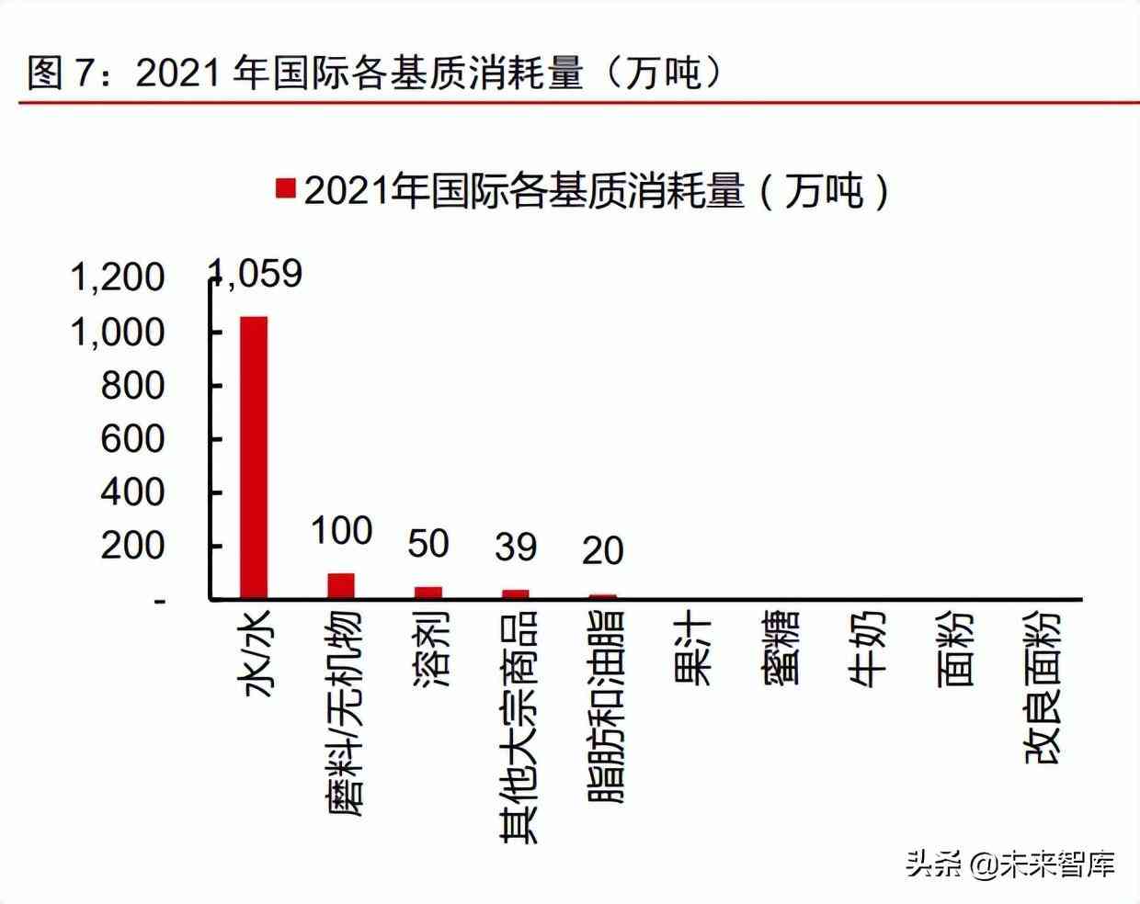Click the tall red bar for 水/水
tap(254, 458)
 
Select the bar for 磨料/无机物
tap(341, 585)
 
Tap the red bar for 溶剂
tap(428, 593)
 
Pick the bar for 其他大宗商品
tap(516, 593)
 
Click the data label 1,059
tap(256, 273)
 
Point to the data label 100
tap(341, 531)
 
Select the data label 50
tap(428, 544)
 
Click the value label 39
tap(516, 548)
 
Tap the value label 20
tap(603, 551)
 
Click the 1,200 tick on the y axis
tap(119, 277)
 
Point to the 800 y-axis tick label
tap(132, 385)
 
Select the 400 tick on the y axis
tap(132, 492)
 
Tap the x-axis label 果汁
tap(691, 649)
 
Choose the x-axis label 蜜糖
tap(779, 649)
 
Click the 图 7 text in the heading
tap(62, 72)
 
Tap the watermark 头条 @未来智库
tap(1010, 864)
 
